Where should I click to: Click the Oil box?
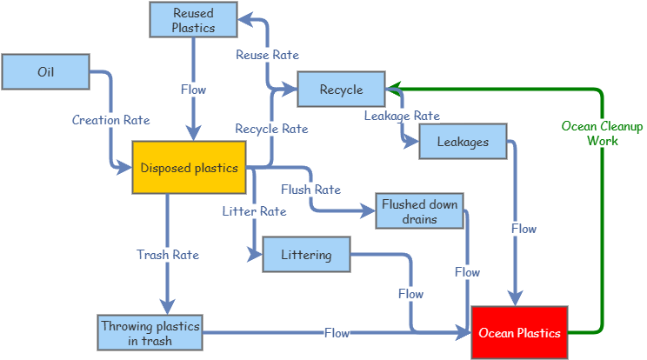tap(46, 72)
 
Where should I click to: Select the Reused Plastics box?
tap(193, 20)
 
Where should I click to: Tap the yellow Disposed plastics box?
tap(189, 168)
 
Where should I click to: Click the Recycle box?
tap(341, 89)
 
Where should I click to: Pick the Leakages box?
tap(463, 142)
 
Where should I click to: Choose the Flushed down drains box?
tap(420, 211)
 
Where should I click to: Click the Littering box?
tap(307, 255)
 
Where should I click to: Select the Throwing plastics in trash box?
tap(150, 333)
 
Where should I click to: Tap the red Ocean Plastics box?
tap(519, 333)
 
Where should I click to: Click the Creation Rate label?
tap(111, 120)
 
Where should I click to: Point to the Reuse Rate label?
tap(267, 55)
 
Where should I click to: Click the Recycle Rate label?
tap(271, 129)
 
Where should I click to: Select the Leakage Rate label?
tap(402, 116)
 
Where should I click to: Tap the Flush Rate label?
tap(311, 190)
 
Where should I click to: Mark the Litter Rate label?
tap(254, 211)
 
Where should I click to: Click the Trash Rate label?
tap(168, 255)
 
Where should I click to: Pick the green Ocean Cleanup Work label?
tap(603, 133)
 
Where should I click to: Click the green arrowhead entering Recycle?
tap(394, 89)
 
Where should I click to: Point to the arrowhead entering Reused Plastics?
tap(246, 19)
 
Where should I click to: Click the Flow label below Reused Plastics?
tap(193, 90)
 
